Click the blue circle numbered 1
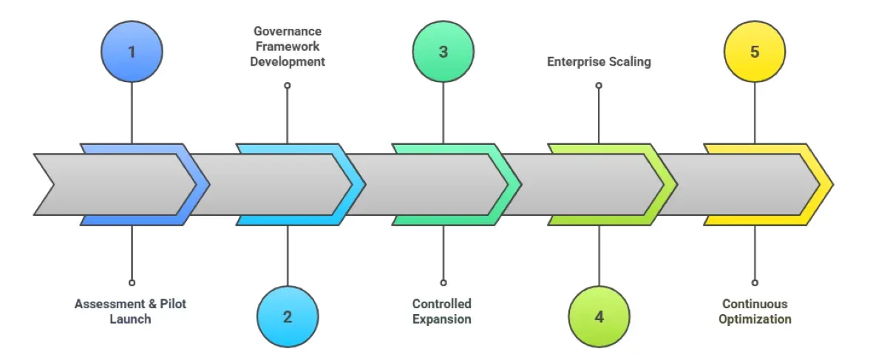[132, 52]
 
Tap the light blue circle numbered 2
[288, 316]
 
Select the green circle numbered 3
[443, 52]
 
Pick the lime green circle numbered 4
[599, 316]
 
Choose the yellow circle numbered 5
[755, 52]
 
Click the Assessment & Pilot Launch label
[131, 311]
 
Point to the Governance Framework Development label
[288, 47]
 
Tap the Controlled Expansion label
[442, 311]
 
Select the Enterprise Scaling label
[599, 62]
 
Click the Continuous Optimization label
[755, 311]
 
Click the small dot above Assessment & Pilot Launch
[132, 282]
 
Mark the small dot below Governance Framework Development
[288, 86]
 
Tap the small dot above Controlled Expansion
[443, 282]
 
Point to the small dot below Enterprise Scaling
[599, 86]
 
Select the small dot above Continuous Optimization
[755, 282]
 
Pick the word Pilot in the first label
[171, 304]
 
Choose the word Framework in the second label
[288, 47]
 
